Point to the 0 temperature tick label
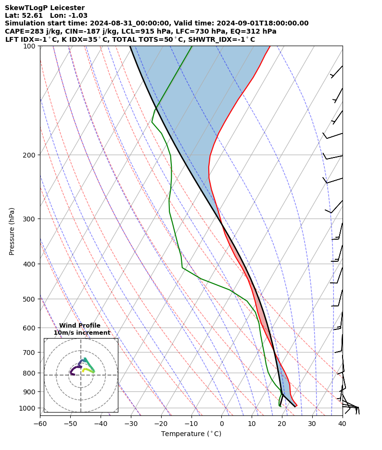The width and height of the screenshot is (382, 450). pos(221,424)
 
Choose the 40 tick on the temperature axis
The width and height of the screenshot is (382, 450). pos(342,424)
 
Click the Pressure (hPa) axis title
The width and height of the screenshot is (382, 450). pos(12,231)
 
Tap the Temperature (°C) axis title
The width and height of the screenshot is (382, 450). pos(191,434)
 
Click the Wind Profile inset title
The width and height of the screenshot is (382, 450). pos(80,326)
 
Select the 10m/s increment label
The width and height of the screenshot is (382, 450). pos(82,333)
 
